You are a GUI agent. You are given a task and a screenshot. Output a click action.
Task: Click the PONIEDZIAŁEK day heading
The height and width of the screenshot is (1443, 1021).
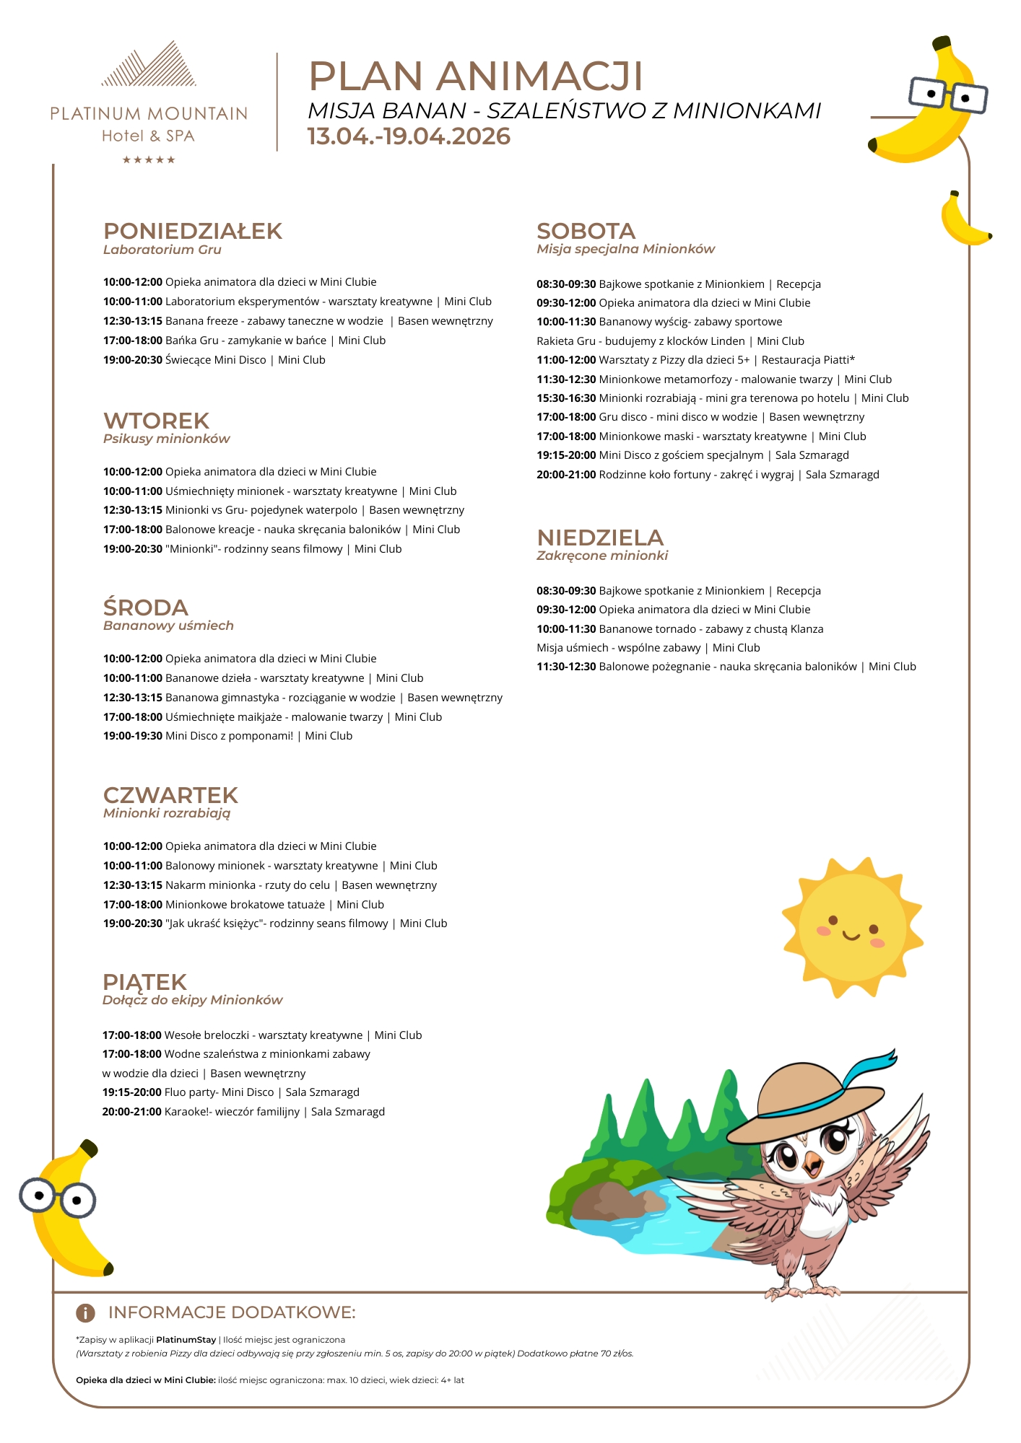pos(192,231)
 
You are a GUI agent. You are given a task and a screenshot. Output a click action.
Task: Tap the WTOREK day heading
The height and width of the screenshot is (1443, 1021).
pos(156,421)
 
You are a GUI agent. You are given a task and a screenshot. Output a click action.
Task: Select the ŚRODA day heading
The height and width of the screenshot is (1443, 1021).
pos(145,608)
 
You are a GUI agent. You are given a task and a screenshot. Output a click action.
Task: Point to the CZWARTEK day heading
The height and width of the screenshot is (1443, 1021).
pos(170,795)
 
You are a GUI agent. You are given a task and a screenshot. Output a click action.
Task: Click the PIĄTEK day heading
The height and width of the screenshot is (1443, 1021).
pos(144,982)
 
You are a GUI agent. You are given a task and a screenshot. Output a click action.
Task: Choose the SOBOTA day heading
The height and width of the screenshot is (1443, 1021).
pos(586,231)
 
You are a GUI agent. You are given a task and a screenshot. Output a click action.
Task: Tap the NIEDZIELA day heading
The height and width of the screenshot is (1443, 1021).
pos(599,538)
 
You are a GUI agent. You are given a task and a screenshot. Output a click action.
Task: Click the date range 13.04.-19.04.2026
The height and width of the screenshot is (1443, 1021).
pos(409,136)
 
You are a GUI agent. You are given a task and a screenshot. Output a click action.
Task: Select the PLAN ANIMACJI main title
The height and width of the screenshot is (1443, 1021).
pos(475,76)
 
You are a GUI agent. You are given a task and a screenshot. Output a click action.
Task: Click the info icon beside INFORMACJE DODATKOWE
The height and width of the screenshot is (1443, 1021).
pos(85,1312)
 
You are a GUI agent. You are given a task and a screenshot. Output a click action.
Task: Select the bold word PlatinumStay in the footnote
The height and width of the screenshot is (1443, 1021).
pos(186,1340)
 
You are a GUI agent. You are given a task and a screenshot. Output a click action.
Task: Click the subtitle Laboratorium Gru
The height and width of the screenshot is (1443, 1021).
pos(162,250)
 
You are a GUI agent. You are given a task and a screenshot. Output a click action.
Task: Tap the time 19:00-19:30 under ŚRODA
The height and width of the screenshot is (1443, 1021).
pos(132,736)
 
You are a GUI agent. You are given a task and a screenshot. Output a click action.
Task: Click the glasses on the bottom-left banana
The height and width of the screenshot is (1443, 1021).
pos(58,1198)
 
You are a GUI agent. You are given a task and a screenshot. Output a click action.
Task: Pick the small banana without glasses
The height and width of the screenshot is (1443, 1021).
pos(963,220)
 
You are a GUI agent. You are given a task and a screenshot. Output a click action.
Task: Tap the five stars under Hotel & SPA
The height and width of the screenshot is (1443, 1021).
pos(149,160)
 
